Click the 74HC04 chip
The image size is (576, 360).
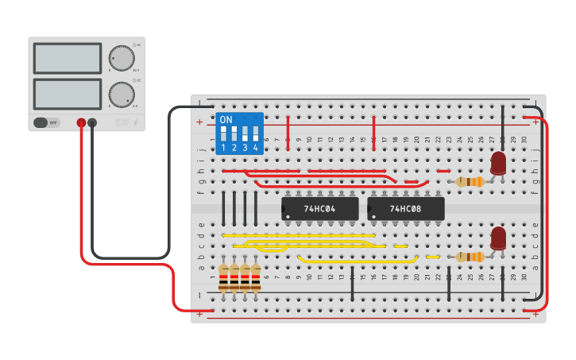(320, 209)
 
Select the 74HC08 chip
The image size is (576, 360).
(405, 209)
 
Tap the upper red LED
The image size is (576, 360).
(498, 163)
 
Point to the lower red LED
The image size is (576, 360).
(498, 238)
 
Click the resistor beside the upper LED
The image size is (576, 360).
(470, 182)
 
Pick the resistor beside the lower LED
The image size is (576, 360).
(470, 257)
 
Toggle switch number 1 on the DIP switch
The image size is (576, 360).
(223, 133)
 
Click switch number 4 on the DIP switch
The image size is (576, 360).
(256, 133)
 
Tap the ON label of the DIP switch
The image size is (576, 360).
(226, 120)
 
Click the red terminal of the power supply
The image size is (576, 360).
(81, 122)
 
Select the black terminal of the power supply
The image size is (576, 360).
(92, 122)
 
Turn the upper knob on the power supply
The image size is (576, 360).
(121, 58)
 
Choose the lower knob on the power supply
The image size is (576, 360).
(121, 94)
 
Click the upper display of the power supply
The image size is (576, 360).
(68, 59)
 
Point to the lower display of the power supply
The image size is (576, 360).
(68, 94)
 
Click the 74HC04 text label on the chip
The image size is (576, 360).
(320, 209)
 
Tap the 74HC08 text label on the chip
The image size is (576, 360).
(405, 209)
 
